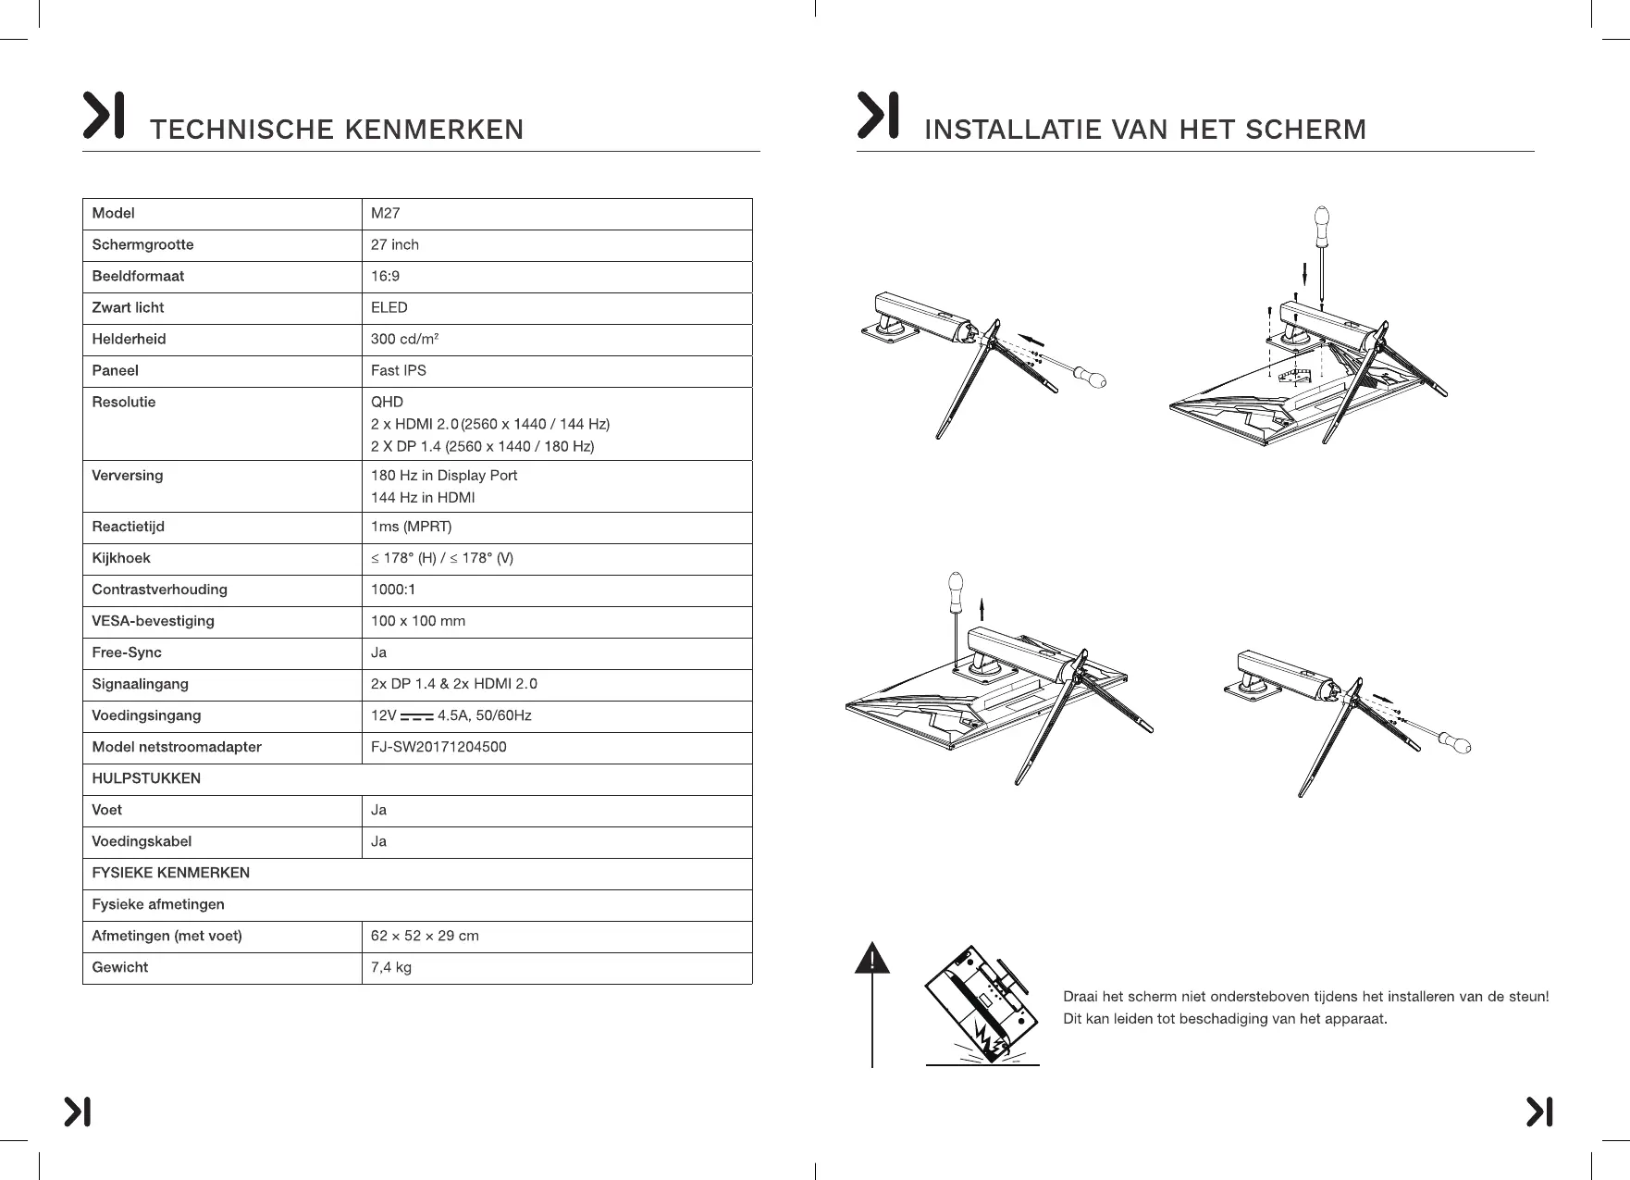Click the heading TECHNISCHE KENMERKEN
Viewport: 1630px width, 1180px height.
[x=336, y=130]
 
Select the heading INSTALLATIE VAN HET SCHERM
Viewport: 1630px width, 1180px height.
[x=1144, y=130]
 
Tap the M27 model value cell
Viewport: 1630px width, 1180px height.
[x=386, y=214]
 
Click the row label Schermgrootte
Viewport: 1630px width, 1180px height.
[x=142, y=245]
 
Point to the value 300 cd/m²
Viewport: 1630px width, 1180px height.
[x=404, y=340]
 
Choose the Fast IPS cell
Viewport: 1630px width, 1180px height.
[x=399, y=371]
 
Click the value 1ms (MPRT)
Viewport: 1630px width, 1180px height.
[x=411, y=528]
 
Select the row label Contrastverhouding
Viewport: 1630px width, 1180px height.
[x=159, y=590]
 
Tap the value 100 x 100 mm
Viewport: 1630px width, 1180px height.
[x=418, y=622]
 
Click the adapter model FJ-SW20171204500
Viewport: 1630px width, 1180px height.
[x=438, y=748]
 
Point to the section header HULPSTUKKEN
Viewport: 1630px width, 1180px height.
[x=146, y=779]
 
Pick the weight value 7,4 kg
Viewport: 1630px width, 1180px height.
[x=391, y=968]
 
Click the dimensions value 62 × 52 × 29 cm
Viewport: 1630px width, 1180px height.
[x=425, y=937]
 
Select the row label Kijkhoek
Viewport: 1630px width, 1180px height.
[x=120, y=559]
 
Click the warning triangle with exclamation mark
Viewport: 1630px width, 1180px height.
[x=872, y=959]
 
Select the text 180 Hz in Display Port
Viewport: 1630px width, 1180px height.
[x=444, y=476]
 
